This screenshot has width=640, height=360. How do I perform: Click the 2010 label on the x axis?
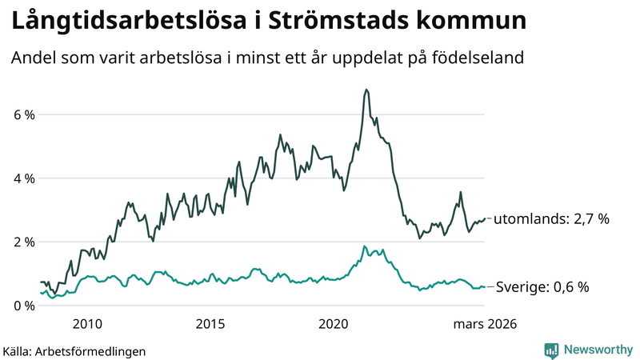click(87, 324)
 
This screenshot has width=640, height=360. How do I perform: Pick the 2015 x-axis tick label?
click(210, 324)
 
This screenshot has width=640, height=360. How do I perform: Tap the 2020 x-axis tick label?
click(334, 324)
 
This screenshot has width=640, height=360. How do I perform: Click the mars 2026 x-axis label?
click(485, 324)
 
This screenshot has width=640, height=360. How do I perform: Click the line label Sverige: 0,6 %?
click(543, 286)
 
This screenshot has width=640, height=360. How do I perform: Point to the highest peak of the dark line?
click(366, 90)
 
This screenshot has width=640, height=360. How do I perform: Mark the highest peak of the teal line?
click(364, 246)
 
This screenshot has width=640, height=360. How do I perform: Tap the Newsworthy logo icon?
click(551, 350)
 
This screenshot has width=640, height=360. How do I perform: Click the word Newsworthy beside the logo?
click(597, 350)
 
